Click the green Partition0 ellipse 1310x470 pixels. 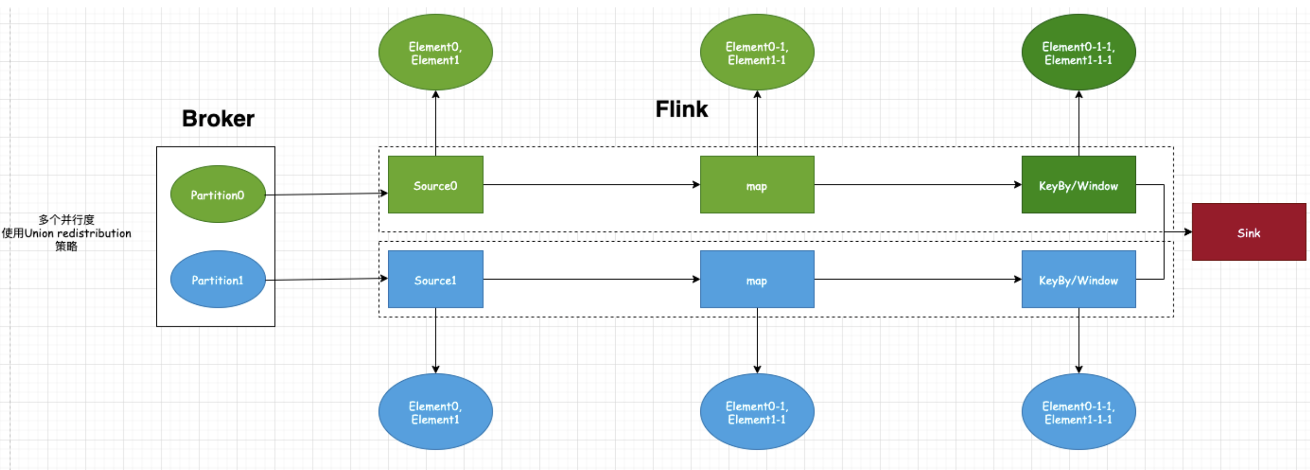218,194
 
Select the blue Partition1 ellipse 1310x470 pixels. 218,279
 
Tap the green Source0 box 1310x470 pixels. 435,185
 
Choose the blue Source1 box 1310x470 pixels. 435,279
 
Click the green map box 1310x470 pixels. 757,185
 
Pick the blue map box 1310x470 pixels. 757,279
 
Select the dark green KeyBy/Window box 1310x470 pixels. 1078,185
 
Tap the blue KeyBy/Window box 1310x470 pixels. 1078,279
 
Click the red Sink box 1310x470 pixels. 1248,232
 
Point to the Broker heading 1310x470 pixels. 218,119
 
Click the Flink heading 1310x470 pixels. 681,109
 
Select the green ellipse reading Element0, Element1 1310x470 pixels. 435,53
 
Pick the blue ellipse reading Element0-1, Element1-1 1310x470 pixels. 757,412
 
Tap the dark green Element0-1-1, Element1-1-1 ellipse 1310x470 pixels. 1078,53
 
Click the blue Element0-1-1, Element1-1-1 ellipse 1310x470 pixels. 1078,412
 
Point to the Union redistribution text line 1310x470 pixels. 66,233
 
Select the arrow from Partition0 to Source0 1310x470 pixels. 327,194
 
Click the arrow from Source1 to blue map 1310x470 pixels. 591,279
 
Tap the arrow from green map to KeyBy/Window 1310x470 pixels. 918,184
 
